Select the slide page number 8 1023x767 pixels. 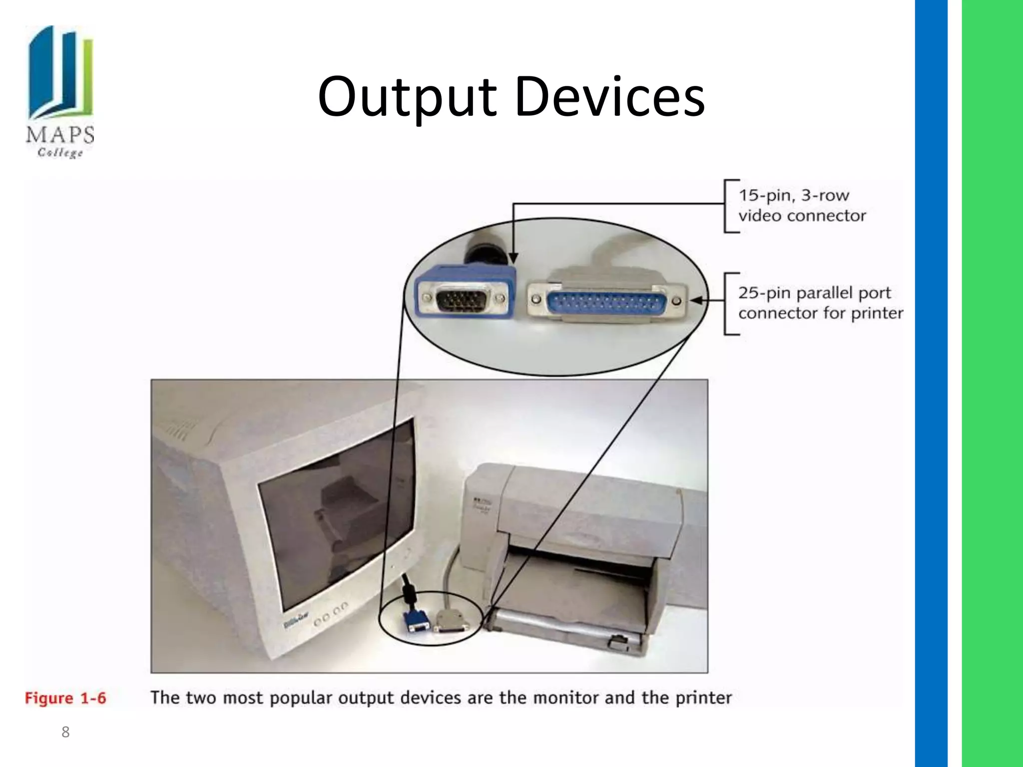65,732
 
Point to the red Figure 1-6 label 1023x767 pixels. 65,698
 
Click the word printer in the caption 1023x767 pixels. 703,698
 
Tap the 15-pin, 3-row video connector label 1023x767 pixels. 802,205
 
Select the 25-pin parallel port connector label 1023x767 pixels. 820,303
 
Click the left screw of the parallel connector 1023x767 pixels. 536,299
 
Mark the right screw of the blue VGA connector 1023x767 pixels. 501,299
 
